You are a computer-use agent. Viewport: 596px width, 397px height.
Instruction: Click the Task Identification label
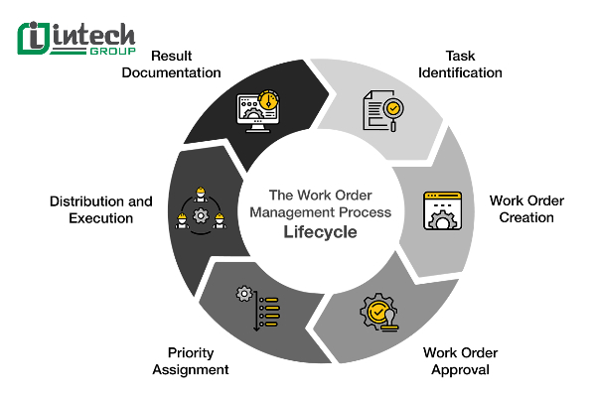coord(459,65)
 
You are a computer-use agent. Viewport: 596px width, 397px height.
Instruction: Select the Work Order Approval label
coord(459,360)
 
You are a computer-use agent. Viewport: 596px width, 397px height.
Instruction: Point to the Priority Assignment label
coord(191,360)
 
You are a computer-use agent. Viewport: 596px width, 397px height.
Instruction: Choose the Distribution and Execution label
coord(100,208)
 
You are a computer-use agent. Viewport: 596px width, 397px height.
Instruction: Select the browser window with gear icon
coord(441,209)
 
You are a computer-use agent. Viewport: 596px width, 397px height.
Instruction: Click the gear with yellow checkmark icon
coord(380,314)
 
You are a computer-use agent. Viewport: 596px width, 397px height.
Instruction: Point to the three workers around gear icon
coord(199,210)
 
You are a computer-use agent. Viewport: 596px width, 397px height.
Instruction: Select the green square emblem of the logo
coord(35,38)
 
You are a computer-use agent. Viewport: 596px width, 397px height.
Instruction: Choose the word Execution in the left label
coord(100,217)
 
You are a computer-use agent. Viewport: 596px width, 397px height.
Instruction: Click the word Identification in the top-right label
coord(459,72)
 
